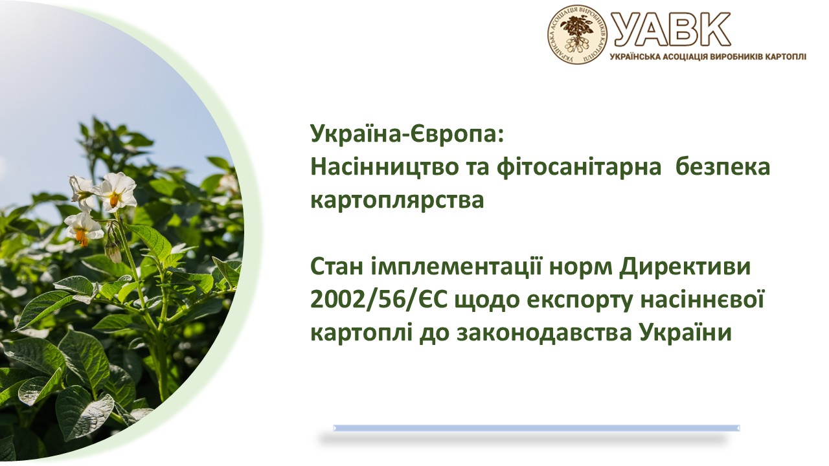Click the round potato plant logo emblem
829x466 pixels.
point(577,34)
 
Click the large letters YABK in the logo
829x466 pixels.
point(670,29)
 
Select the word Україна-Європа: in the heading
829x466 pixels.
point(407,134)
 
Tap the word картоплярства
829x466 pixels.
point(397,201)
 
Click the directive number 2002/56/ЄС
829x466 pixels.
point(379,300)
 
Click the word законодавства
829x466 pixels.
point(545,333)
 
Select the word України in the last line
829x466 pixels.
point(686,333)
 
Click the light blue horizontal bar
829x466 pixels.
point(536,428)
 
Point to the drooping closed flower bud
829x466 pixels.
point(113,252)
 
